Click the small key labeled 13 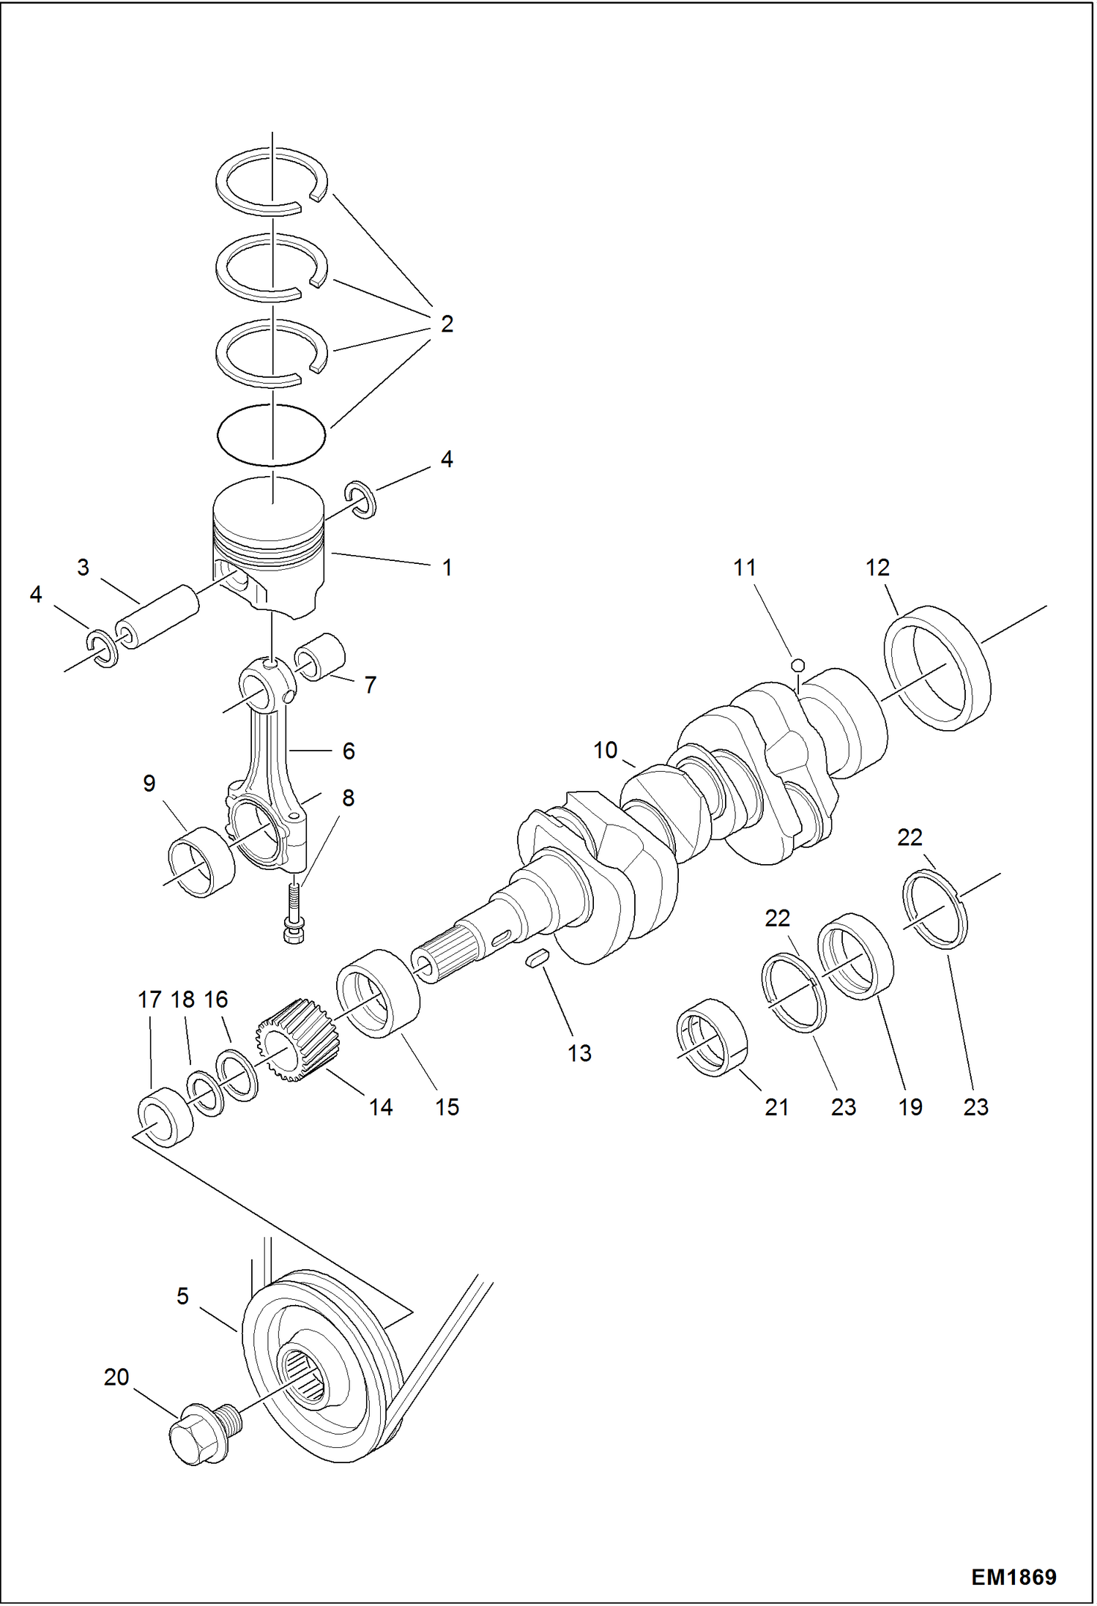(x=537, y=959)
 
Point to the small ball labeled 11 (x=799, y=664)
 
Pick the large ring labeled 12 (x=938, y=668)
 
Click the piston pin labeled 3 (x=157, y=616)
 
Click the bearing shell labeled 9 (x=201, y=862)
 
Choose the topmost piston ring (x=271, y=182)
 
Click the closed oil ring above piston (x=271, y=435)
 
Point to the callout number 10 (x=606, y=751)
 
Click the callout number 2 (x=447, y=324)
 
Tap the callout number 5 (x=182, y=1296)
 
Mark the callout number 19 (x=910, y=1107)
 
